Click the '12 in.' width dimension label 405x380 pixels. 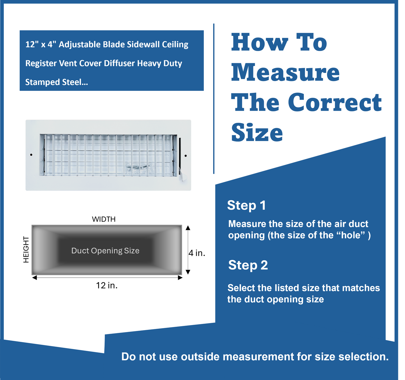107,285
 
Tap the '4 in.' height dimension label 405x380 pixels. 197,253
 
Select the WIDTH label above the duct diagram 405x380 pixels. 104,219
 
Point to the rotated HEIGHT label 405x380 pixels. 26,249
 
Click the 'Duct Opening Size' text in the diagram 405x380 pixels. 105,251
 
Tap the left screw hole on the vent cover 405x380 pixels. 31,155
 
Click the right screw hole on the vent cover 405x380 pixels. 186,156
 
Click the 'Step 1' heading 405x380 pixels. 246,205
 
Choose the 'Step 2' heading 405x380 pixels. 248,265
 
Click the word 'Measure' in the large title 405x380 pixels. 285,72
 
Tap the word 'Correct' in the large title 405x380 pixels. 335,102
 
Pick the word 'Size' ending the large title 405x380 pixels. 257,133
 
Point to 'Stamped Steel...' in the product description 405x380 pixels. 57,82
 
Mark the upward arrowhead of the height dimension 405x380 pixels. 188,228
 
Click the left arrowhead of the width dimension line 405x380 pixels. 34,278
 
